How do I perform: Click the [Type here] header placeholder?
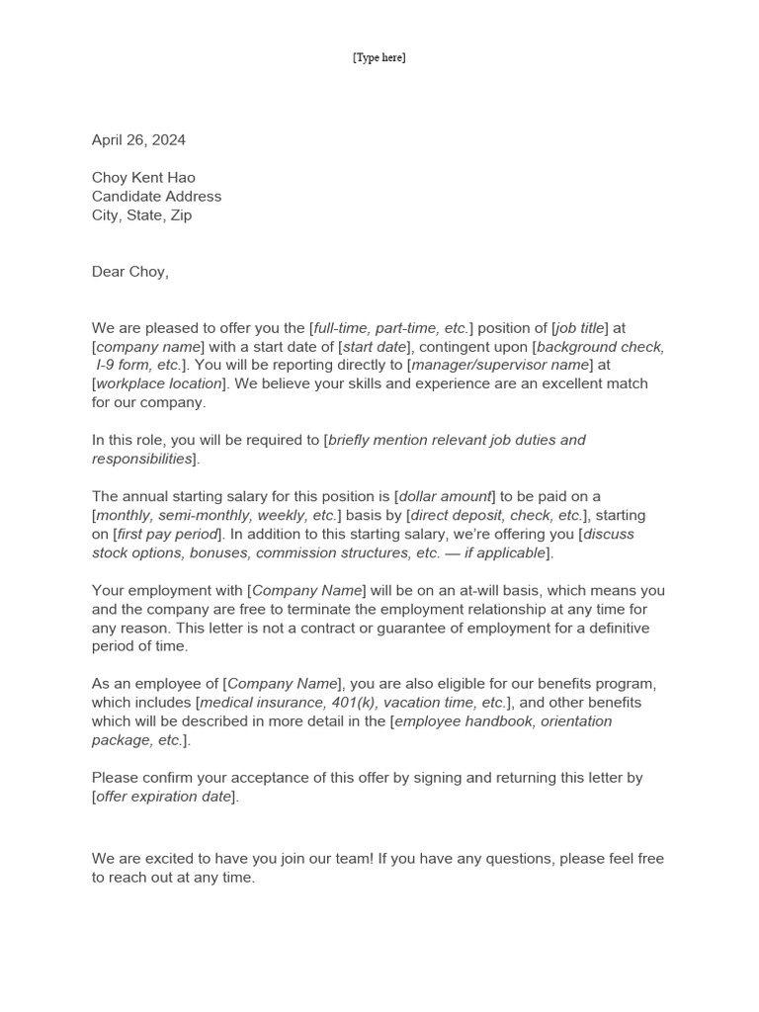click(379, 57)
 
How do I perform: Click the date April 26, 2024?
click(138, 140)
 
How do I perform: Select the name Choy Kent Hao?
click(143, 178)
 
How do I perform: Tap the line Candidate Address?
click(156, 197)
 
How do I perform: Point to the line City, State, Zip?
click(141, 215)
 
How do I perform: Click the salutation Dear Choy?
click(130, 272)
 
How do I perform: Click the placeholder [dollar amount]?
click(445, 496)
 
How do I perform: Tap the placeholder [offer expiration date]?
click(165, 797)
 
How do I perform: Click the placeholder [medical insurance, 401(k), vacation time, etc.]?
click(354, 703)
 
